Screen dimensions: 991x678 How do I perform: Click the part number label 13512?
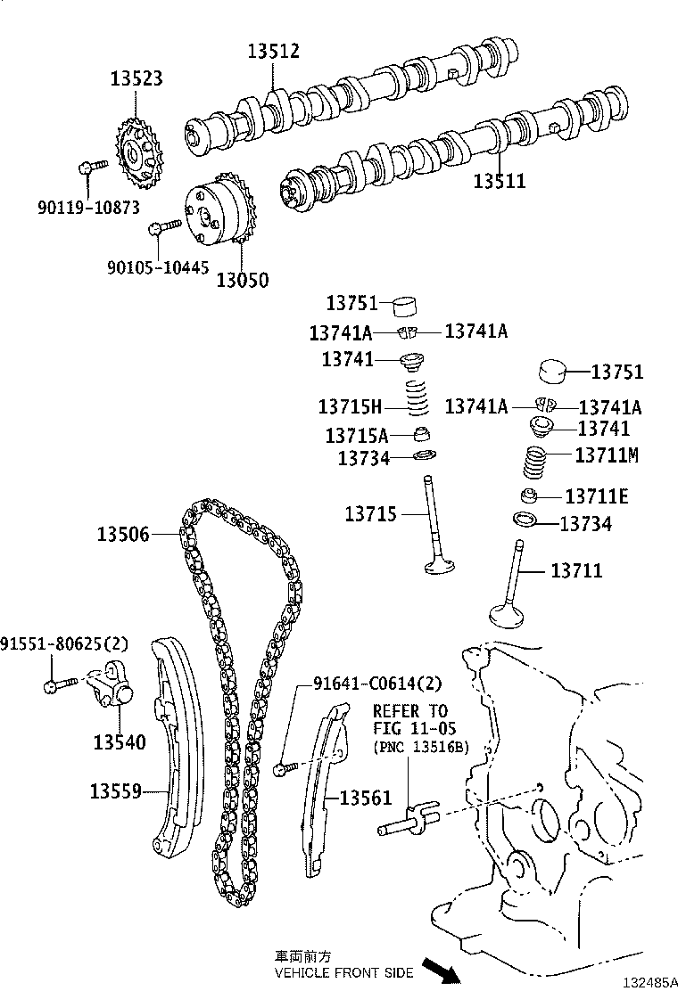point(273,52)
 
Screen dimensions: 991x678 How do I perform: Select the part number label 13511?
point(499,181)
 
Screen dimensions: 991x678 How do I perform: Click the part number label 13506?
point(123,534)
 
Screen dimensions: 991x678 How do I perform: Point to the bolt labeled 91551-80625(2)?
point(54,685)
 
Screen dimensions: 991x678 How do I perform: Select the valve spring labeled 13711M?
point(535,463)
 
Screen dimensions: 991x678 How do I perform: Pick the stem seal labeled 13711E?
point(531,495)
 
